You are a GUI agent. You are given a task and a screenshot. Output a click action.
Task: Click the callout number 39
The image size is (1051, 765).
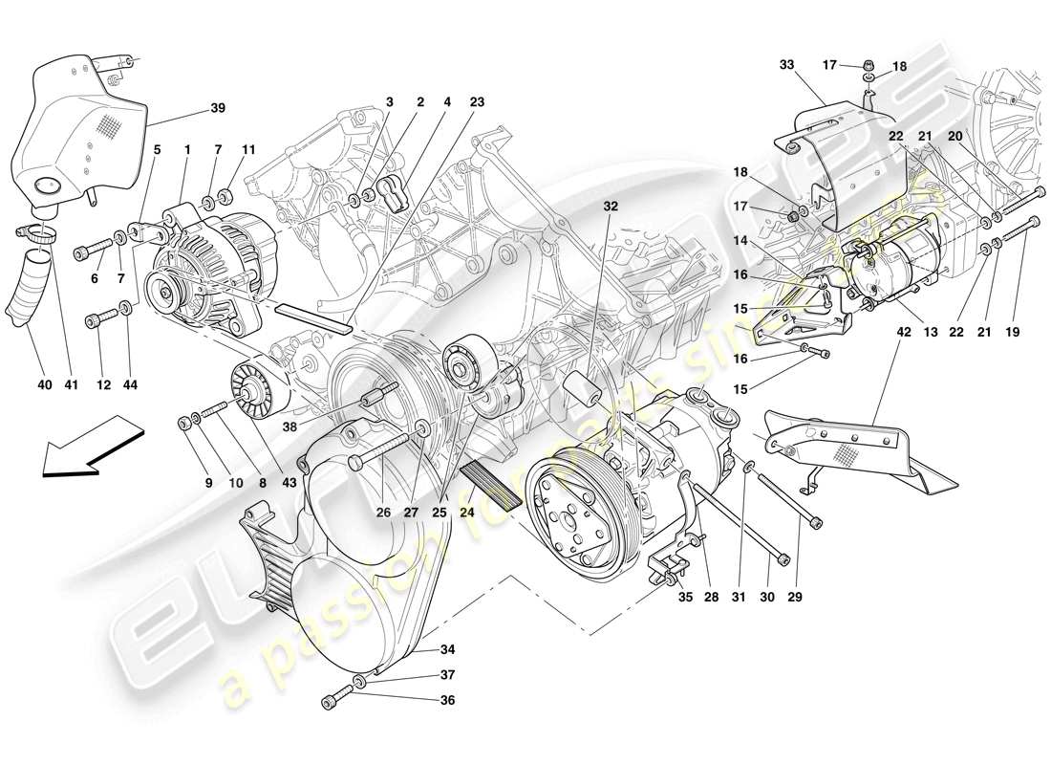[x=218, y=108]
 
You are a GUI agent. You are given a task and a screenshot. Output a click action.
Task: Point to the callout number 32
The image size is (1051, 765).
[x=611, y=206]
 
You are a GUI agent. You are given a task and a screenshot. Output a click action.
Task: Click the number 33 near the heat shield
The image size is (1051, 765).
[x=786, y=65]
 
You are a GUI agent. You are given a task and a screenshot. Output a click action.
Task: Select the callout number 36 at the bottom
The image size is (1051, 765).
[x=447, y=700]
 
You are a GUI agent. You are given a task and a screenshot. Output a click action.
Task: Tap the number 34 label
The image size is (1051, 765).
[x=447, y=650]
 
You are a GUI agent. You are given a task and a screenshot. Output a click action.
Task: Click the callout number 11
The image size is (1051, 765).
[x=248, y=150]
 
